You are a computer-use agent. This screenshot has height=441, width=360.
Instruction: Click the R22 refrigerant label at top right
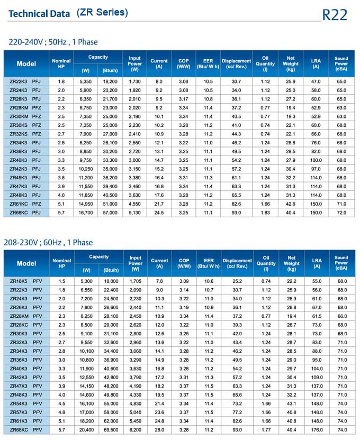[x=335, y=15]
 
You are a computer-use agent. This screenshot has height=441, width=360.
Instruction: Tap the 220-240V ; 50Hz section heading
[x=53, y=42]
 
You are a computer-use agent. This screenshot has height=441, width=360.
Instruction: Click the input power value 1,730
[x=135, y=81]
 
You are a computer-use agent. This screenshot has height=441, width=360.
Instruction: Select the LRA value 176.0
[x=316, y=430]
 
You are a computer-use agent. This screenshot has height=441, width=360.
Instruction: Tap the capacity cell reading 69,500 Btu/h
[x=111, y=430]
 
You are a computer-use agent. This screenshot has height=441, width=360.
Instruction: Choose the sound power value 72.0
[x=341, y=213]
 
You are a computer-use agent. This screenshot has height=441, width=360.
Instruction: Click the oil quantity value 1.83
[x=265, y=213]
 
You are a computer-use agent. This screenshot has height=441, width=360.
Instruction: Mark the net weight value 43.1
[x=291, y=403]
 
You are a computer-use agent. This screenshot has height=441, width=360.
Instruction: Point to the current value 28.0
[x=159, y=430]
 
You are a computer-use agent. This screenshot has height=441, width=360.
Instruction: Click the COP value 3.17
[x=184, y=99]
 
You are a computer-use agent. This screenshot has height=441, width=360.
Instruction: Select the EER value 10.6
[x=209, y=281]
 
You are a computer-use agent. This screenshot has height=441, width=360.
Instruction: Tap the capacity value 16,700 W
[x=86, y=213]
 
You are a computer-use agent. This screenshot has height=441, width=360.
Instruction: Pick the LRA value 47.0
[x=316, y=81]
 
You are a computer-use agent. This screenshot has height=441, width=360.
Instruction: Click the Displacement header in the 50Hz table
[x=237, y=63]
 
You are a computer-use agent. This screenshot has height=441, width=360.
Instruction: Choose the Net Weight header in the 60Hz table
[x=291, y=263]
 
